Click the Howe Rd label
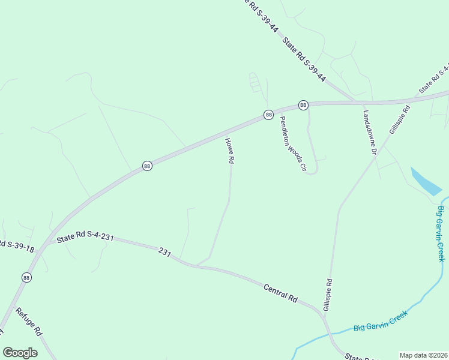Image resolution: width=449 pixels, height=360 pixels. (229, 151)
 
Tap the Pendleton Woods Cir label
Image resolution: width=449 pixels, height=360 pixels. (290, 143)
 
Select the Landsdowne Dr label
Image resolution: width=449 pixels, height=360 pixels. (369, 133)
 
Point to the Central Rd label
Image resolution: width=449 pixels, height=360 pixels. (280, 293)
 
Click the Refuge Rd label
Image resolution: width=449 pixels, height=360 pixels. (29, 322)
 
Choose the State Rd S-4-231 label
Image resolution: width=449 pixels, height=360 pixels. (85, 238)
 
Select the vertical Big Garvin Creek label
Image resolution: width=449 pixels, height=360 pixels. (441, 233)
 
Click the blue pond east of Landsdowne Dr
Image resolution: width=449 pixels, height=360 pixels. (426, 181)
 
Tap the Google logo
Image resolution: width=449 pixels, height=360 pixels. (20, 352)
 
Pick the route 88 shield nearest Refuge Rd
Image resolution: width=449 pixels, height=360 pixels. (26, 277)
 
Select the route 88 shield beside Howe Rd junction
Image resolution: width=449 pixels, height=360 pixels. (268, 115)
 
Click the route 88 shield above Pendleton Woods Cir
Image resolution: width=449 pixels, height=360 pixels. (303, 105)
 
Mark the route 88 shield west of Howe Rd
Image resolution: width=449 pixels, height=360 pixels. (147, 166)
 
